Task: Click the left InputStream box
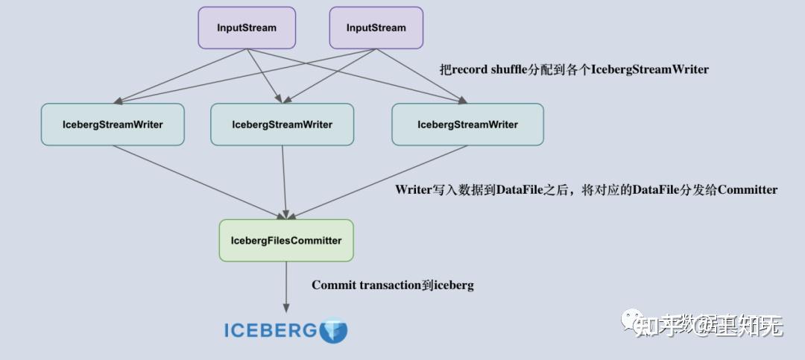click(247, 28)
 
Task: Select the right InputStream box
click(376, 28)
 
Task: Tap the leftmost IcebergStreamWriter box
click(112, 124)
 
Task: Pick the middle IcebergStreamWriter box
click(282, 124)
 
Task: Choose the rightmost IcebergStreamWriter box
click(467, 124)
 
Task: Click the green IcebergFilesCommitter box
click(286, 240)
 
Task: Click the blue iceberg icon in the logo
click(333, 330)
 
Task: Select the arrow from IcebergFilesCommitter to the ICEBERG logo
click(286, 287)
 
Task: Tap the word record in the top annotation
click(469, 69)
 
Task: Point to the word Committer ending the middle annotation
click(747, 189)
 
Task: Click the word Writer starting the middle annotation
click(414, 189)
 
